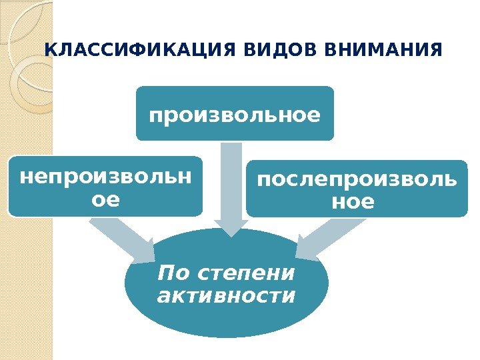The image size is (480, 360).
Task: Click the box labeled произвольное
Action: click(x=235, y=113)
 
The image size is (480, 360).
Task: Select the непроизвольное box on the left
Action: click(x=105, y=187)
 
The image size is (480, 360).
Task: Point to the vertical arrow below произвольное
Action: click(x=231, y=180)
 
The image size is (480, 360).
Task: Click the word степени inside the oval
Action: click(x=247, y=273)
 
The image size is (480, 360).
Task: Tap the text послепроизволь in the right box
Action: click(x=357, y=179)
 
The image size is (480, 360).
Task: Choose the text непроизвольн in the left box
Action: click(x=105, y=177)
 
